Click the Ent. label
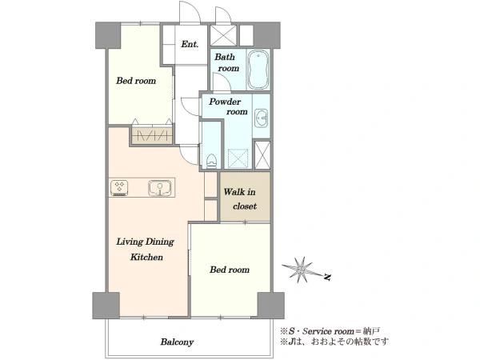tap(190, 44)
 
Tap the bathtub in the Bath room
tap(258, 70)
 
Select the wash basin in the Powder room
tap(261, 118)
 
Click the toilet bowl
tap(211, 161)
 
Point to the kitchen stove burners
tap(119, 188)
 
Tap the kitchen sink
tap(159, 188)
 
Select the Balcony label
tap(178, 342)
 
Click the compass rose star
tap(302, 270)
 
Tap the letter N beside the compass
tap(327, 278)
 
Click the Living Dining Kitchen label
tap(145, 249)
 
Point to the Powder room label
tap(228, 106)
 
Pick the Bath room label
tap(227, 62)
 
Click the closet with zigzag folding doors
tap(151, 135)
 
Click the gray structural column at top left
tap(108, 35)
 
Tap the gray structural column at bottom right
tap(271, 306)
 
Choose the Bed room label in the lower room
tap(230, 270)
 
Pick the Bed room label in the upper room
tap(136, 81)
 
